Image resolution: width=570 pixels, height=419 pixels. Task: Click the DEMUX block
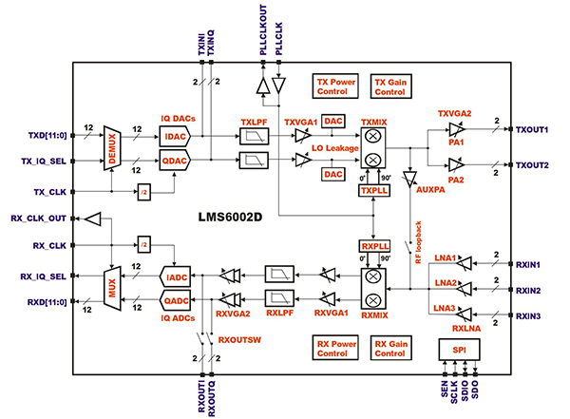point(112,149)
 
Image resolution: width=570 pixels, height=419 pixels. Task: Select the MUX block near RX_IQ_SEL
point(112,288)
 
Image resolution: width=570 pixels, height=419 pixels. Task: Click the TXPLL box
point(372,191)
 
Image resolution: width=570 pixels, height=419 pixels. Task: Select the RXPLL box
point(372,246)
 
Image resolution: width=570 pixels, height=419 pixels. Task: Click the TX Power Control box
point(337,87)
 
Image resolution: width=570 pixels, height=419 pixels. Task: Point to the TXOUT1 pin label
point(533,129)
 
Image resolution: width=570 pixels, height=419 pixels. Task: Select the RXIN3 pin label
point(536,315)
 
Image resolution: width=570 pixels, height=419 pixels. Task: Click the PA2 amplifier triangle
point(458,163)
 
